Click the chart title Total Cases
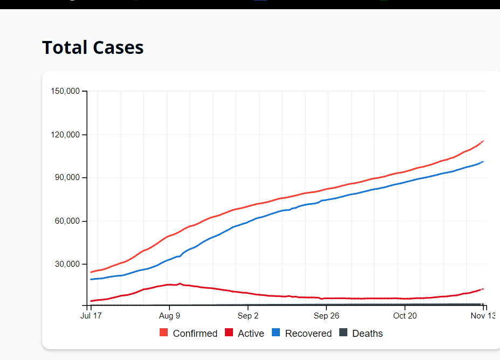(x=93, y=47)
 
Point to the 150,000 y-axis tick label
(x=65, y=91)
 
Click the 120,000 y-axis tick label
(x=65, y=134)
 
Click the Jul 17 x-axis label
(x=91, y=316)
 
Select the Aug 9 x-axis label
(x=169, y=316)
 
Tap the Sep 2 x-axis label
(x=248, y=316)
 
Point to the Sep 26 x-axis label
(x=326, y=316)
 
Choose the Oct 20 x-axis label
(x=405, y=316)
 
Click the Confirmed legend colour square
(x=164, y=333)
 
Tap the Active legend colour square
(x=229, y=333)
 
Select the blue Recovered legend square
(x=276, y=333)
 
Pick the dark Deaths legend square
(x=343, y=333)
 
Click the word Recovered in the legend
(x=309, y=334)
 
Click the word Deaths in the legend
(x=367, y=334)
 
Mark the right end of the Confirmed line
(x=483, y=141)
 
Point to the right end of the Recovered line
(x=483, y=161)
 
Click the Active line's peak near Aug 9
(x=180, y=283)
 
